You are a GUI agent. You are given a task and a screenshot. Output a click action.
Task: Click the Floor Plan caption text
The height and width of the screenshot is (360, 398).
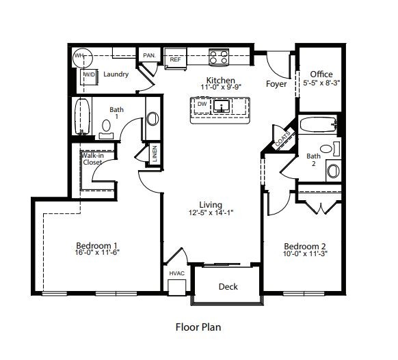point(198,327)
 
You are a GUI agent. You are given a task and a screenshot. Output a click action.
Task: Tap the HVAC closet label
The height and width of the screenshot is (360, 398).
point(176,273)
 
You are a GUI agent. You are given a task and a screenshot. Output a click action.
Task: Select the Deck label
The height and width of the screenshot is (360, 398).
point(228,286)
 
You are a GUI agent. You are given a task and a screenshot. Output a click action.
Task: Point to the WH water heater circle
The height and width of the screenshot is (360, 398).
point(80,55)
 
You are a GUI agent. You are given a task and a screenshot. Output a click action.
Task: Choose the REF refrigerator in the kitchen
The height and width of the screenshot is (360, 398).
point(176,59)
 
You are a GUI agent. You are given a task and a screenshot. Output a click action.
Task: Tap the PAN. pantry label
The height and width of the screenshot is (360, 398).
point(148,55)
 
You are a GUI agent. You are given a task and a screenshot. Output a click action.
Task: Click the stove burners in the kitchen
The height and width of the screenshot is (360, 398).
point(218,57)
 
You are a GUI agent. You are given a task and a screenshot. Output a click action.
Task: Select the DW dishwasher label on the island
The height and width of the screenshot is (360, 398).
point(202,105)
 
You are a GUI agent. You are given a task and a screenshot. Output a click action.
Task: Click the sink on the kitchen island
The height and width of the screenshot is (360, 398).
point(220,106)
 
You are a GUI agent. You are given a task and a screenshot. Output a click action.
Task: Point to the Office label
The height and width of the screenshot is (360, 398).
point(321,74)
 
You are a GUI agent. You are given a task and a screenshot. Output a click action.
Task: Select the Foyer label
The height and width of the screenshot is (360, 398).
point(277,85)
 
